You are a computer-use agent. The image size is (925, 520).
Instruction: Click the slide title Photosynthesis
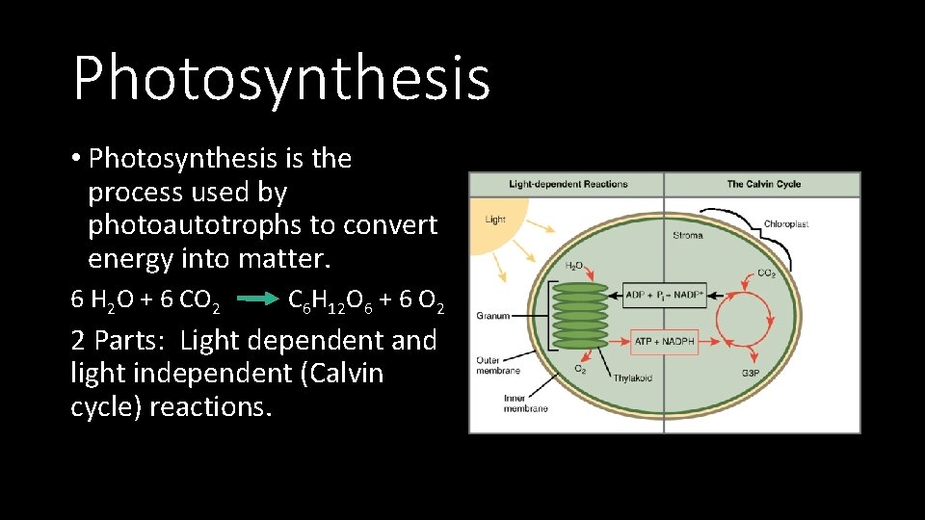281,79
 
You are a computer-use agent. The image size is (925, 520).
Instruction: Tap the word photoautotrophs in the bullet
181,225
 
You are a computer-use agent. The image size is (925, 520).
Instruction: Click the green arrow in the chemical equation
256,300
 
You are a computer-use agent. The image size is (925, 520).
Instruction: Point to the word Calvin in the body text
341,373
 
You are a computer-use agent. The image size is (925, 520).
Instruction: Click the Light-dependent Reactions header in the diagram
568,184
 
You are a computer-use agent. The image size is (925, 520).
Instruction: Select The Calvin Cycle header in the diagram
763,184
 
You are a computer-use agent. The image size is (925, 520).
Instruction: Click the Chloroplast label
785,223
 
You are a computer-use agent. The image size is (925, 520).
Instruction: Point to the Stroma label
687,235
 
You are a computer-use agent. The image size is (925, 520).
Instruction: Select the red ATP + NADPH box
665,341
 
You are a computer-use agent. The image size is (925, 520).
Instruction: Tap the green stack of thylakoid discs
580,315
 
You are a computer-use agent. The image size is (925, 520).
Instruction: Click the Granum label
492,315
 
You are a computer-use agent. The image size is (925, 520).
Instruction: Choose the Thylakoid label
632,377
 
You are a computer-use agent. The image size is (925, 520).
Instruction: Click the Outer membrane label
498,365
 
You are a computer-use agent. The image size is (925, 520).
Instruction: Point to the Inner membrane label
525,403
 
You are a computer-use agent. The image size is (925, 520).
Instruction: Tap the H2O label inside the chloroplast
573,266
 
